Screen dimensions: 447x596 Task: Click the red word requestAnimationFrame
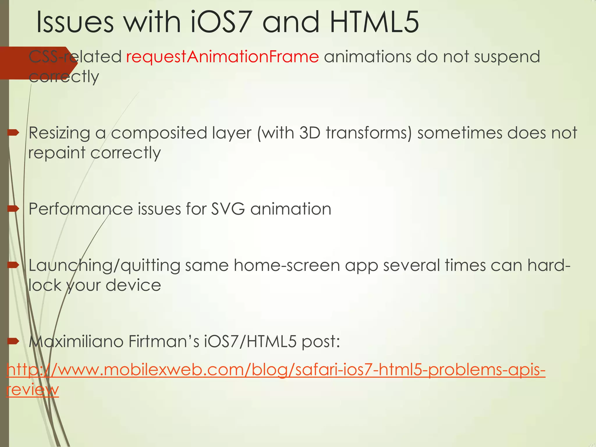pyautogui.click(x=223, y=56)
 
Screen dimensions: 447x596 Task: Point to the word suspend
pyautogui.click(x=507, y=57)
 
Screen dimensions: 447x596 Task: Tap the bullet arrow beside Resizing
pyautogui.click(x=13, y=133)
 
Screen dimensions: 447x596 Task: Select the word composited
pyautogui.click(x=159, y=133)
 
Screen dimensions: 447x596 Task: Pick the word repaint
pyautogui.click(x=57, y=153)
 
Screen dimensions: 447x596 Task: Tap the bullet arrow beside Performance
pyautogui.click(x=13, y=209)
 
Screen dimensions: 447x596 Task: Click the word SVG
pyautogui.click(x=228, y=209)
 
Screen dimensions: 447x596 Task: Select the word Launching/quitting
pyautogui.click(x=104, y=266)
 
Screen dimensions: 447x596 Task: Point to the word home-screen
pyautogui.click(x=287, y=265)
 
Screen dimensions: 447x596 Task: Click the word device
pyautogui.click(x=133, y=285)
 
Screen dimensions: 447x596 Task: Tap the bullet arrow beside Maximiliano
pyautogui.click(x=13, y=341)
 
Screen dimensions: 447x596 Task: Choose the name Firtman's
pyautogui.click(x=164, y=341)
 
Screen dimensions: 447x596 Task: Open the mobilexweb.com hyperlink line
pyautogui.click(x=276, y=370)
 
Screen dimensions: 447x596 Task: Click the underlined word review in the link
pyautogui.click(x=32, y=390)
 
